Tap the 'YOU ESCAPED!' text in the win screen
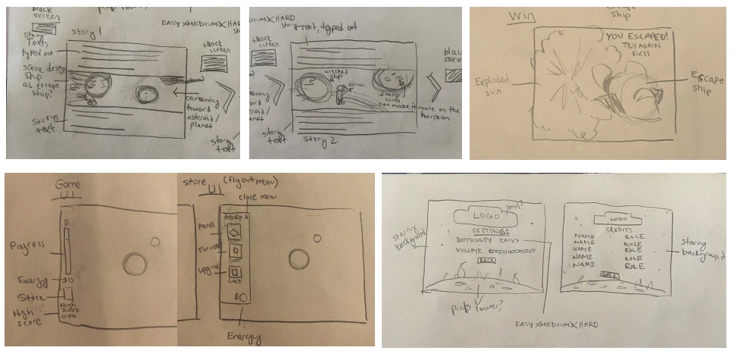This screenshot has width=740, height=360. [635, 35]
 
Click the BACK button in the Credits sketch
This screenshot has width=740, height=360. [608, 274]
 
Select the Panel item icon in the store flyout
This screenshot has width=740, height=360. [234, 231]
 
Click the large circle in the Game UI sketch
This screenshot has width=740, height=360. [135, 265]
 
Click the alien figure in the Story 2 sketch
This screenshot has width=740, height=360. [343, 95]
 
